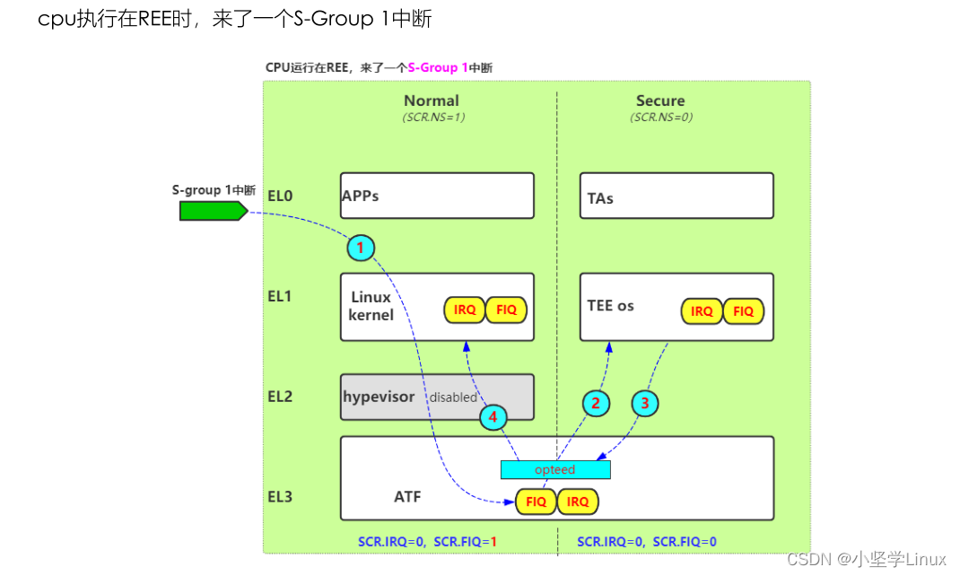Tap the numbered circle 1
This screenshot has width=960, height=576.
click(360, 248)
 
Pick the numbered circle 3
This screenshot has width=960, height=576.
click(644, 404)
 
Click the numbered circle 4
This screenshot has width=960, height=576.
click(493, 417)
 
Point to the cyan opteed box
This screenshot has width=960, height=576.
click(554, 469)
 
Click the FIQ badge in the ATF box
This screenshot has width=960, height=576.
click(536, 502)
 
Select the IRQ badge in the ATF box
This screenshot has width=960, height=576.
click(578, 502)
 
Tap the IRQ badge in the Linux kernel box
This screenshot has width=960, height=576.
click(465, 310)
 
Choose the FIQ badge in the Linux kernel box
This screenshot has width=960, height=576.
click(506, 310)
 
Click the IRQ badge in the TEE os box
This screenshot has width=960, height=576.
click(702, 311)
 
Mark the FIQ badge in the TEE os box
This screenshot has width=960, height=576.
click(743, 311)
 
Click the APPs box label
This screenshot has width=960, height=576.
click(360, 196)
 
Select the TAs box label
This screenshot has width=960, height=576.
click(600, 198)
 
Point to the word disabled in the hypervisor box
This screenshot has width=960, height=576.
click(453, 397)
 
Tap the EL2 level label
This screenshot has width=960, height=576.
click(280, 397)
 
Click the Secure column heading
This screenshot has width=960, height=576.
click(660, 101)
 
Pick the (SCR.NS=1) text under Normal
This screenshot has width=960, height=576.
click(433, 117)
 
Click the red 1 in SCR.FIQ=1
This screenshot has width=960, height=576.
click(493, 542)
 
